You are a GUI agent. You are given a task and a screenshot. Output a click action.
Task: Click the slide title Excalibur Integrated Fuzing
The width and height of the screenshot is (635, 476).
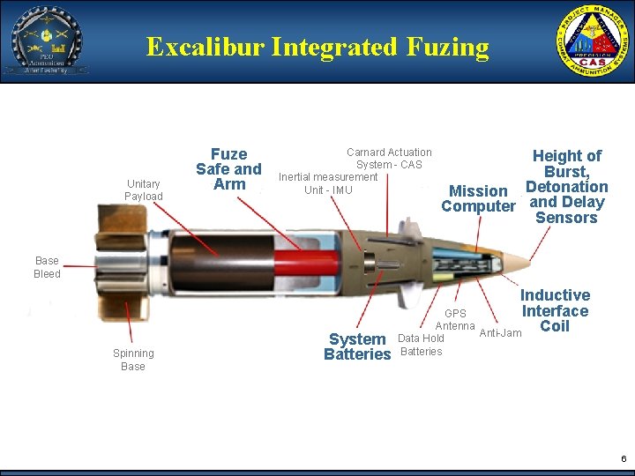(317, 47)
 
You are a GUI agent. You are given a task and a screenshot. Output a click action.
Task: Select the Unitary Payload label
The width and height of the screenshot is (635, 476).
(143, 190)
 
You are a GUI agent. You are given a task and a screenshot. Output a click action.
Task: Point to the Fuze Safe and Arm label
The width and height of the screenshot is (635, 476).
(228, 169)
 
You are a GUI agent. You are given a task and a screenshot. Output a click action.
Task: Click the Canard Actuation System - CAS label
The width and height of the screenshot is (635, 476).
(389, 159)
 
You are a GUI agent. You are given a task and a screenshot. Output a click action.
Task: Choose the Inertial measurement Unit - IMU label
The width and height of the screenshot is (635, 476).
(328, 183)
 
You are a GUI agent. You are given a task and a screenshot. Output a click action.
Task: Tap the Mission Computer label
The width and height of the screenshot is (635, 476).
(478, 198)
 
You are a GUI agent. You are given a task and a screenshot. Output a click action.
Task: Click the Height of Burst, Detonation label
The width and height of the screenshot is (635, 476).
(567, 187)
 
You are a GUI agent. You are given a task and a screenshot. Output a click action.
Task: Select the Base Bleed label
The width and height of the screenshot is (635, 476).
(47, 267)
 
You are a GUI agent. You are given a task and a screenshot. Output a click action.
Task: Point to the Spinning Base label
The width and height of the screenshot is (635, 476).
(133, 360)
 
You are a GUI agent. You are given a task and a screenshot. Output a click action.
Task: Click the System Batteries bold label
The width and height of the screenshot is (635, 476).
(356, 346)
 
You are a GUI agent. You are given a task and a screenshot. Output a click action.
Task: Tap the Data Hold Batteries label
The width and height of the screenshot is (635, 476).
(422, 345)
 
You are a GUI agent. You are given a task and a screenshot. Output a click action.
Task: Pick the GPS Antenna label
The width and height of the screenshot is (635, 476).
(455, 320)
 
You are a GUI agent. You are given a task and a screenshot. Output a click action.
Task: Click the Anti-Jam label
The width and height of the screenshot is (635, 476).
(500, 333)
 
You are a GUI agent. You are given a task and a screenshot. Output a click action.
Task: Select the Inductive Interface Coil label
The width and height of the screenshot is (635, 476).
(555, 310)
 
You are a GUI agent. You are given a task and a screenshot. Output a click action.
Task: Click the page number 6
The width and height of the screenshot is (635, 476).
(624, 459)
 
